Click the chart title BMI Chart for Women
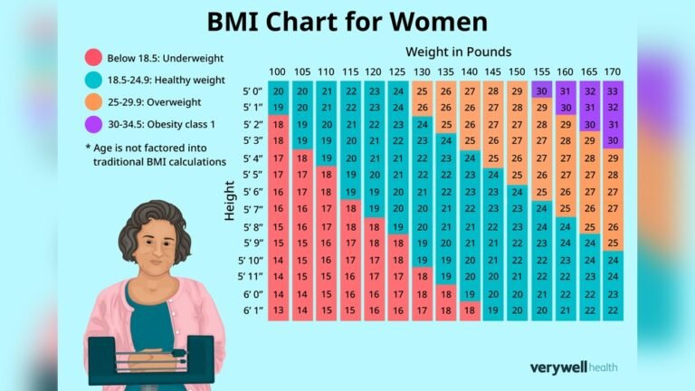[347, 22]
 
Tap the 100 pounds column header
[278, 72]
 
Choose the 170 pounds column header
[612, 72]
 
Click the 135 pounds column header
[444, 72]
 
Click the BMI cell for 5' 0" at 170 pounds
[612, 91]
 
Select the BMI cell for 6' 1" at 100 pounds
[278, 310]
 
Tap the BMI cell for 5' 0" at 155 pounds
[540, 91]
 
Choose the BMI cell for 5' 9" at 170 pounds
[612, 243]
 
